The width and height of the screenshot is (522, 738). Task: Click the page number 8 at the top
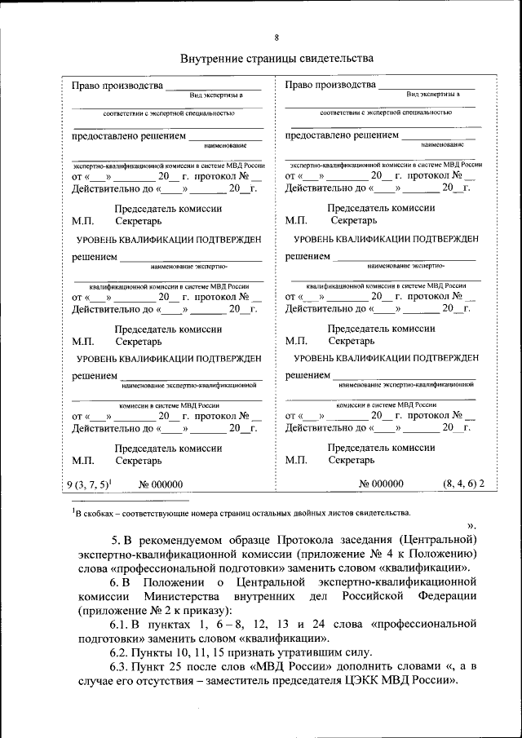click(276, 38)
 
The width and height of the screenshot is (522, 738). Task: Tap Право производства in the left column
click(117, 86)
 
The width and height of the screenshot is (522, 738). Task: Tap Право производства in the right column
click(330, 85)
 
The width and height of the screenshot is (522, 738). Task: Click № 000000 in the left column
click(161, 484)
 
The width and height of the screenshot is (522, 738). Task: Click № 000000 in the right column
click(381, 484)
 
